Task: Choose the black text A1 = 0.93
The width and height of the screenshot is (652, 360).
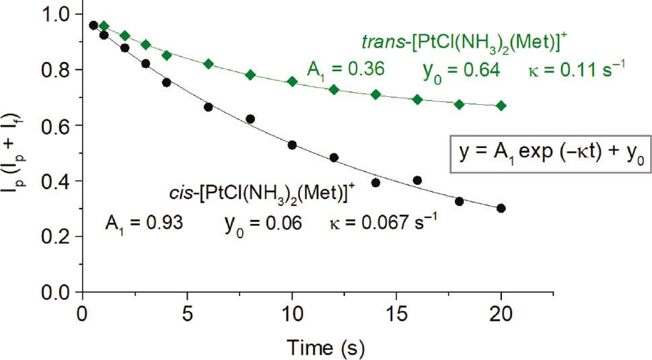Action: pyautogui.click(x=145, y=222)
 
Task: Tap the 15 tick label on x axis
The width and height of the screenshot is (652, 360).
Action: pyautogui.click(x=396, y=314)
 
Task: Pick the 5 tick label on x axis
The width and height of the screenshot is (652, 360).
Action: pyautogui.click(x=187, y=314)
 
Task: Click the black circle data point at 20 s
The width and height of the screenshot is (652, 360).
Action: pyautogui.click(x=501, y=208)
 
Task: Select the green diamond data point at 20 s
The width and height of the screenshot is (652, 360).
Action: pyautogui.click(x=501, y=106)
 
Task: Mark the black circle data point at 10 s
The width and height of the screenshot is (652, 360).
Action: pyautogui.click(x=292, y=145)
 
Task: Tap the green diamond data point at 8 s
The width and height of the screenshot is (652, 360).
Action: pyautogui.click(x=250, y=75)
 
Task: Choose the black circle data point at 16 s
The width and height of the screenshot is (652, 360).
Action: pyautogui.click(x=417, y=180)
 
